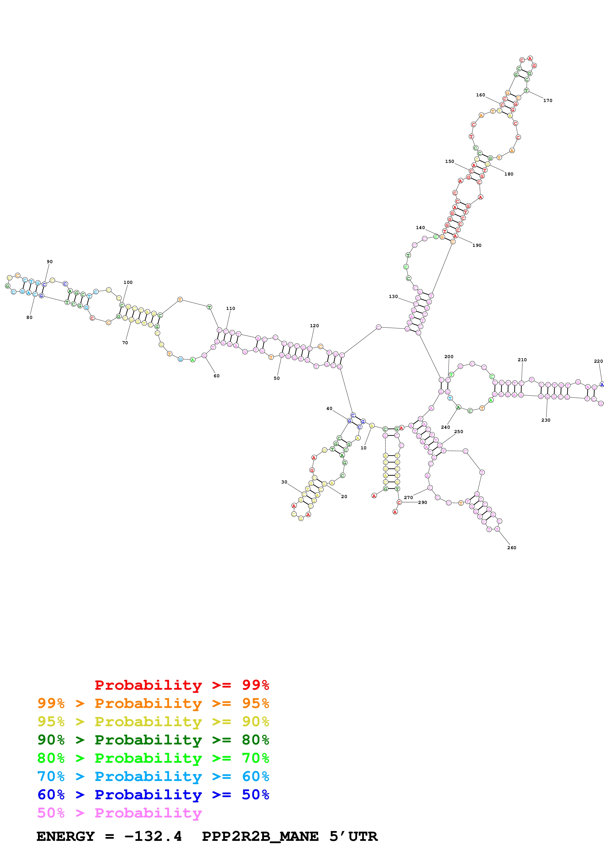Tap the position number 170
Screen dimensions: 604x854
click(x=547, y=101)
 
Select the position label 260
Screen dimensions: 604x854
click(x=511, y=548)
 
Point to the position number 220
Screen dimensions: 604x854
click(x=598, y=361)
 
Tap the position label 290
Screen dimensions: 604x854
click(x=422, y=502)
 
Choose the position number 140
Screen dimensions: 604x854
click(x=420, y=228)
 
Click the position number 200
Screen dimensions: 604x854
click(x=449, y=357)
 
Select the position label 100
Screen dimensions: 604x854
click(x=128, y=282)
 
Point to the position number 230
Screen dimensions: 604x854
click(x=546, y=420)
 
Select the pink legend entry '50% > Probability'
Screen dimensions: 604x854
click(x=119, y=813)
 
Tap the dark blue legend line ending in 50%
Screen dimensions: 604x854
click(x=153, y=795)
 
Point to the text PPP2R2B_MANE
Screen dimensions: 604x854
click(x=260, y=836)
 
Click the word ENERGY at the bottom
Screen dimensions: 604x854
click(x=66, y=836)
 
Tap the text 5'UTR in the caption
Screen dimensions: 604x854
click(x=353, y=836)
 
